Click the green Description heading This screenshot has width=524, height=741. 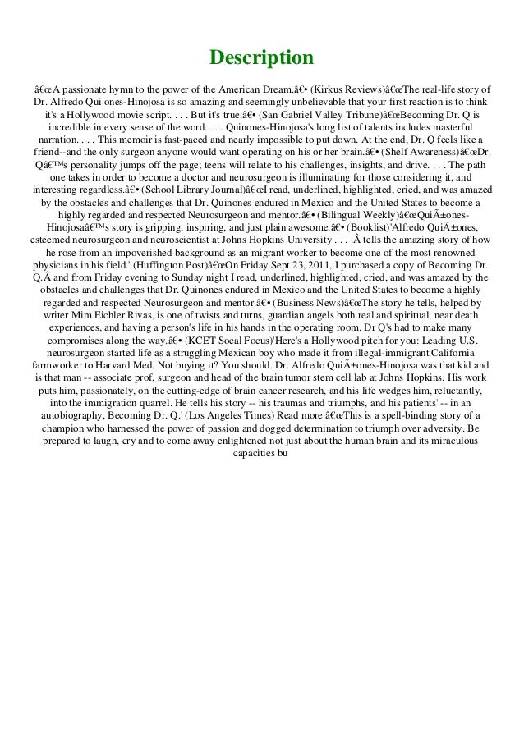261,58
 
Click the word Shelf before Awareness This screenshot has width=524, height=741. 394,162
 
